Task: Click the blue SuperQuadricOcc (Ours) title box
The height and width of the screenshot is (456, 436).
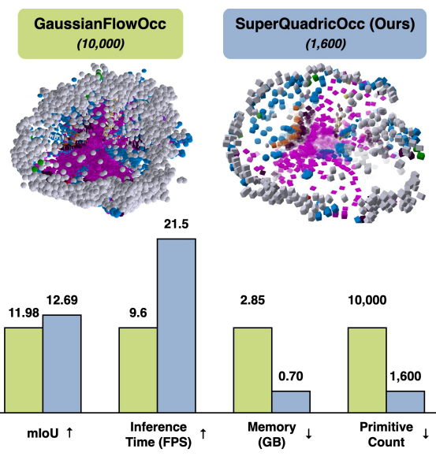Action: point(324,34)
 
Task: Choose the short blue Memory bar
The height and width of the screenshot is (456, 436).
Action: point(291,402)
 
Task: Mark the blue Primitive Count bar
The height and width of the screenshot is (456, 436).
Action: point(405,402)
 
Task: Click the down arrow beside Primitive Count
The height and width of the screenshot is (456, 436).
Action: point(425,433)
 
